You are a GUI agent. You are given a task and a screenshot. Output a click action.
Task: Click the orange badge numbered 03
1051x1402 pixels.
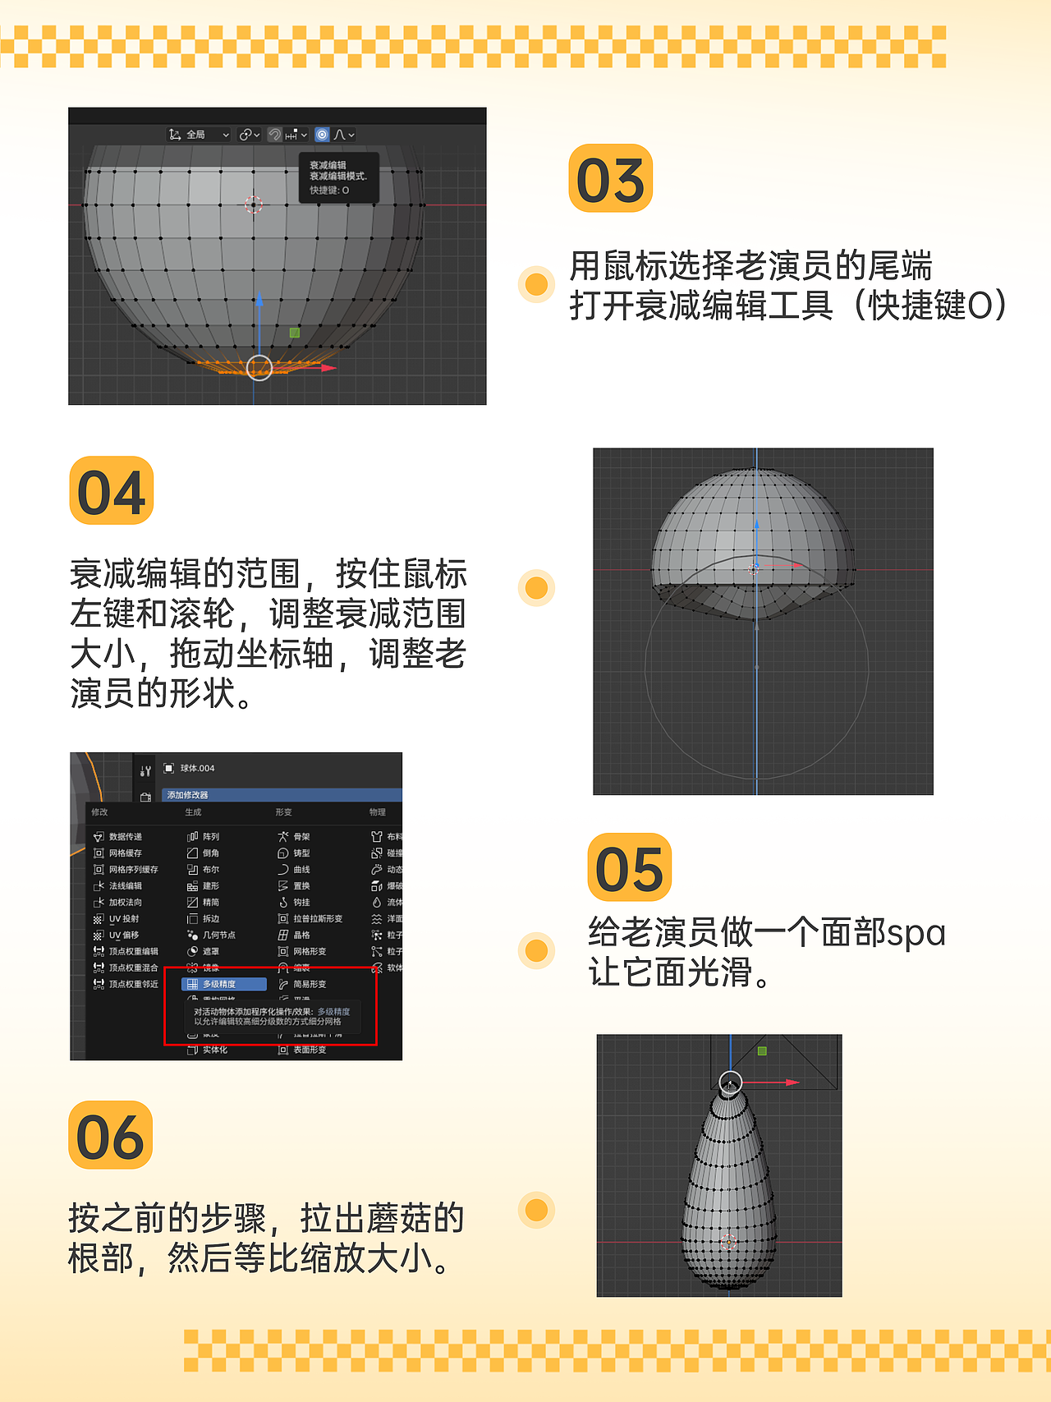pyautogui.click(x=610, y=179)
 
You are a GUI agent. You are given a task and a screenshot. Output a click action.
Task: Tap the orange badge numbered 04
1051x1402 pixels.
pyautogui.click(x=112, y=491)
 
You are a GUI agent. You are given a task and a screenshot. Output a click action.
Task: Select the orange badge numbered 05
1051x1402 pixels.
pyautogui.click(x=630, y=868)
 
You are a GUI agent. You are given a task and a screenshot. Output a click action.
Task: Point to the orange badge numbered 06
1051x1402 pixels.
pyautogui.click(x=111, y=1136)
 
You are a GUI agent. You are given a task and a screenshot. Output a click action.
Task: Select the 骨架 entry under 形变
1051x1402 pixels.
pyautogui.click(x=301, y=836)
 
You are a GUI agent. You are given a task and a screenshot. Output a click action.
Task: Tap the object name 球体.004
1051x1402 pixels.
pyautogui.click(x=197, y=768)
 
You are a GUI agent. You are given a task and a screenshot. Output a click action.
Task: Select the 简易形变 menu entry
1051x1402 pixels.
pyautogui.click(x=309, y=984)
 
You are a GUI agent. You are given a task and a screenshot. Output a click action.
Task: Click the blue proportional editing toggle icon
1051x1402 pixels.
pyautogui.click(x=323, y=135)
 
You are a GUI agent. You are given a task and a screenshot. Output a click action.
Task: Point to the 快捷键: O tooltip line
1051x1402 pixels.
pyautogui.click(x=329, y=191)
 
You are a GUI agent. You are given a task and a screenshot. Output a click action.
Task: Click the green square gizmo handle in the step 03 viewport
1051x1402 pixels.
pyautogui.click(x=295, y=333)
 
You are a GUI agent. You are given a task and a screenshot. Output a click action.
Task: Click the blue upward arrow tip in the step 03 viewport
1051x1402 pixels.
pyautogui.click(x=259, y=299)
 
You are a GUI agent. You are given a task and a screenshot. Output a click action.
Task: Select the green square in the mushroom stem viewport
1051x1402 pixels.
pyautogui.click(x=762, y=1051)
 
